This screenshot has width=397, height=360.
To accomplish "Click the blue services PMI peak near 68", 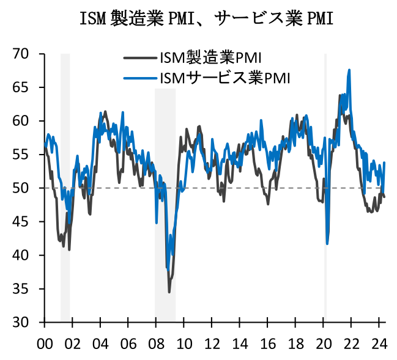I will [349, 70].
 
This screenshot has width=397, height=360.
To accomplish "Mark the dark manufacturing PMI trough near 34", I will [169, 292].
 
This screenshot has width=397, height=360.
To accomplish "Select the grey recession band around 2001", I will [65, 183].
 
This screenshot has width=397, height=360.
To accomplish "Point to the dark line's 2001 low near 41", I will [69, 249].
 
